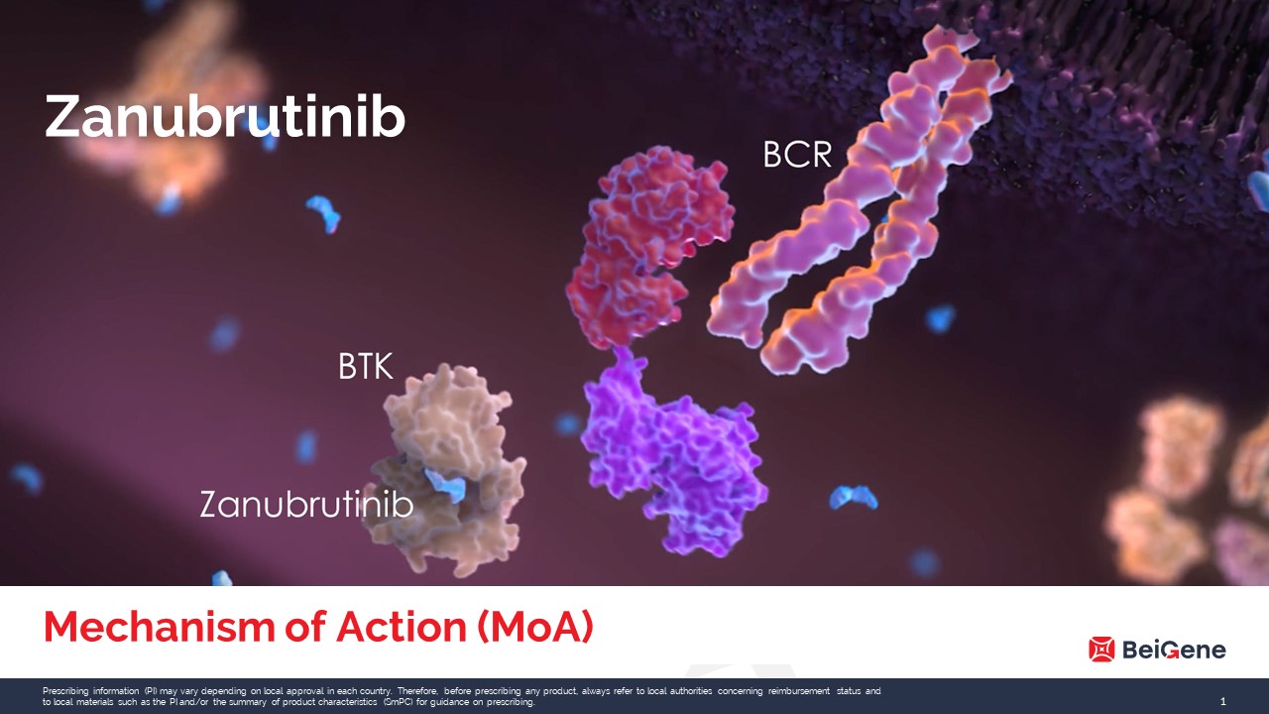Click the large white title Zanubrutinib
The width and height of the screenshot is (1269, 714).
[225, 116]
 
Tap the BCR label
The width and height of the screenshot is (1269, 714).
[798, 154]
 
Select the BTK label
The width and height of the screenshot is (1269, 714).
[366, 367]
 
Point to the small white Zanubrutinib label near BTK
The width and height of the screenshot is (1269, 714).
[306, 505]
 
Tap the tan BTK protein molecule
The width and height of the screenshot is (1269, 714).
[447, 470]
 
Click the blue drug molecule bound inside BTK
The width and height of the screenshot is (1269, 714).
[445, 485]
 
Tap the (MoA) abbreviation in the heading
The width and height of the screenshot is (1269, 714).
[535, 628]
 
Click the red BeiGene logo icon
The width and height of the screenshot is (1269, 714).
[1101, 650]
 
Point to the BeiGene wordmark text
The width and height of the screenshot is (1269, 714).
[1174, 650]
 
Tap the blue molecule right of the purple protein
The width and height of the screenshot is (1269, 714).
[854, 498]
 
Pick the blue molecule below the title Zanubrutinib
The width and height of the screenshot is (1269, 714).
[323, 213]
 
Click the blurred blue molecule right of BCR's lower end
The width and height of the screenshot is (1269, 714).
[941, 318]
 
